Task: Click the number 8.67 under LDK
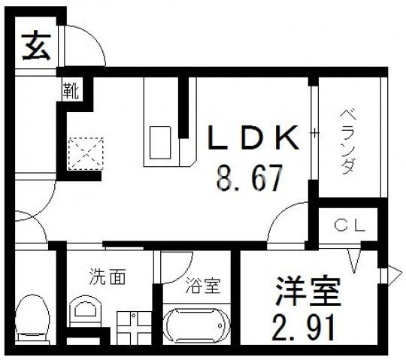[247, 179]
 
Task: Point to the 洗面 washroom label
[104, 277]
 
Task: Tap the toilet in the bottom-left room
[32, 315]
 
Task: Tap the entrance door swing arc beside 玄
[84, 49]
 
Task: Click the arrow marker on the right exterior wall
[392, 274]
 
